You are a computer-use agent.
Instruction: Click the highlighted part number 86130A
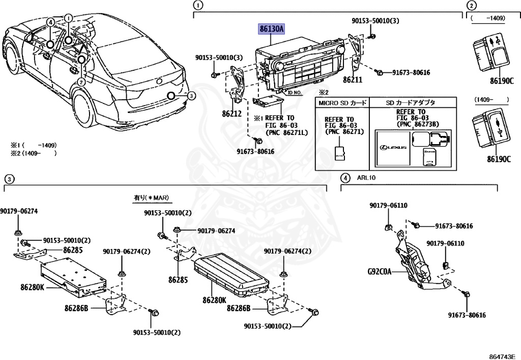pyautogui.click(x=272, y=30)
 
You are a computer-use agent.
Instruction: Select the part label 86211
pyautogui.click(x=352, y=80)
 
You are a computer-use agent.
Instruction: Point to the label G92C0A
pyautogui.click(x=380, y=271)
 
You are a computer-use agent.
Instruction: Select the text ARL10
pyautogui.click(x=365, y=178)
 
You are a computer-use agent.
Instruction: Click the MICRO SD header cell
pyautogui.click(x=342, y=103)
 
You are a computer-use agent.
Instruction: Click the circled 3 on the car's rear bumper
pyautogui.click(x=190, y=96)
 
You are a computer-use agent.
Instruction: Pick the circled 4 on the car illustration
pyautogui.click(x=51, y=22)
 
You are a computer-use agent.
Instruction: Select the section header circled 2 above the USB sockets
pyautogui.click(x=472, y=6)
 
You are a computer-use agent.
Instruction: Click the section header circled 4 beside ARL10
pyautogui.click(x=345, y=178)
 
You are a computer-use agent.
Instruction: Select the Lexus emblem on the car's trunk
pyautogui.click(x=160, y=81)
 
